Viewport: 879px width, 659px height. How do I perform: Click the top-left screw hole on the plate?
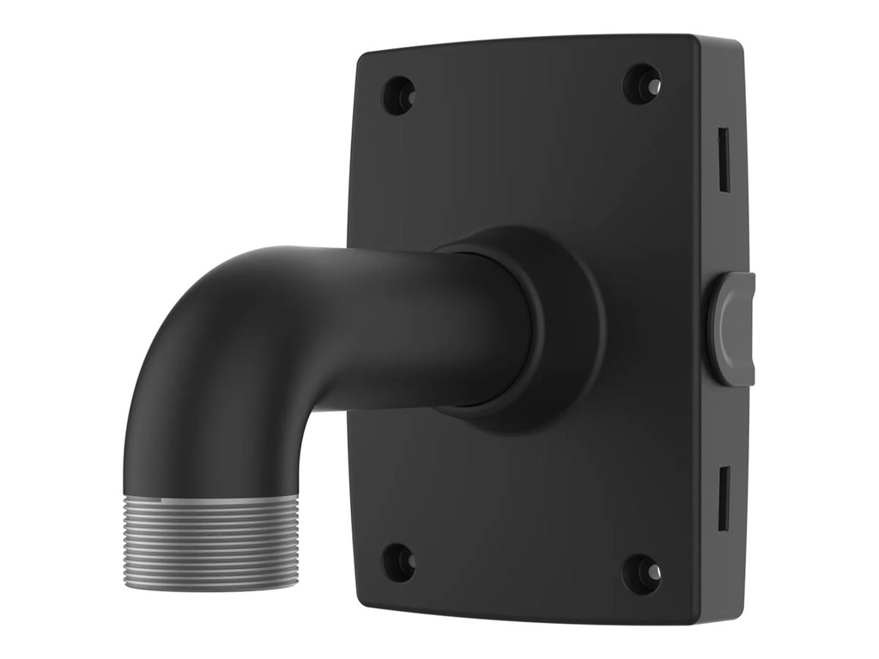[x=397, y=95]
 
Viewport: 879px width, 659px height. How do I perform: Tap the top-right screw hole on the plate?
[x=641, y=84]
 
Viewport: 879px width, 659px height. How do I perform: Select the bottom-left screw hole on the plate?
[x=397, y=562]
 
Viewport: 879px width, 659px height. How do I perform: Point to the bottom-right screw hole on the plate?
[x=641, y=573]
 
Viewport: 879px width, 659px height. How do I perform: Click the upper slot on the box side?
[x=723, y=160]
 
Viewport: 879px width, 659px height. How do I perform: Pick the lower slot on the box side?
[x=723, y=498]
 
